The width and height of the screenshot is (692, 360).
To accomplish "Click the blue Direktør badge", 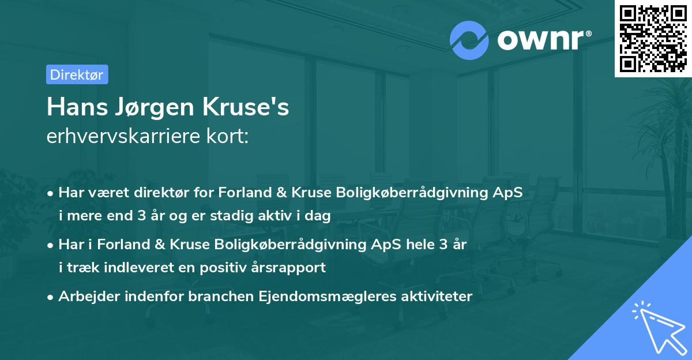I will click(x=77, y=74).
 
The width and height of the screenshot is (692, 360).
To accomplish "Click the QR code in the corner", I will click(x=652, y=39).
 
